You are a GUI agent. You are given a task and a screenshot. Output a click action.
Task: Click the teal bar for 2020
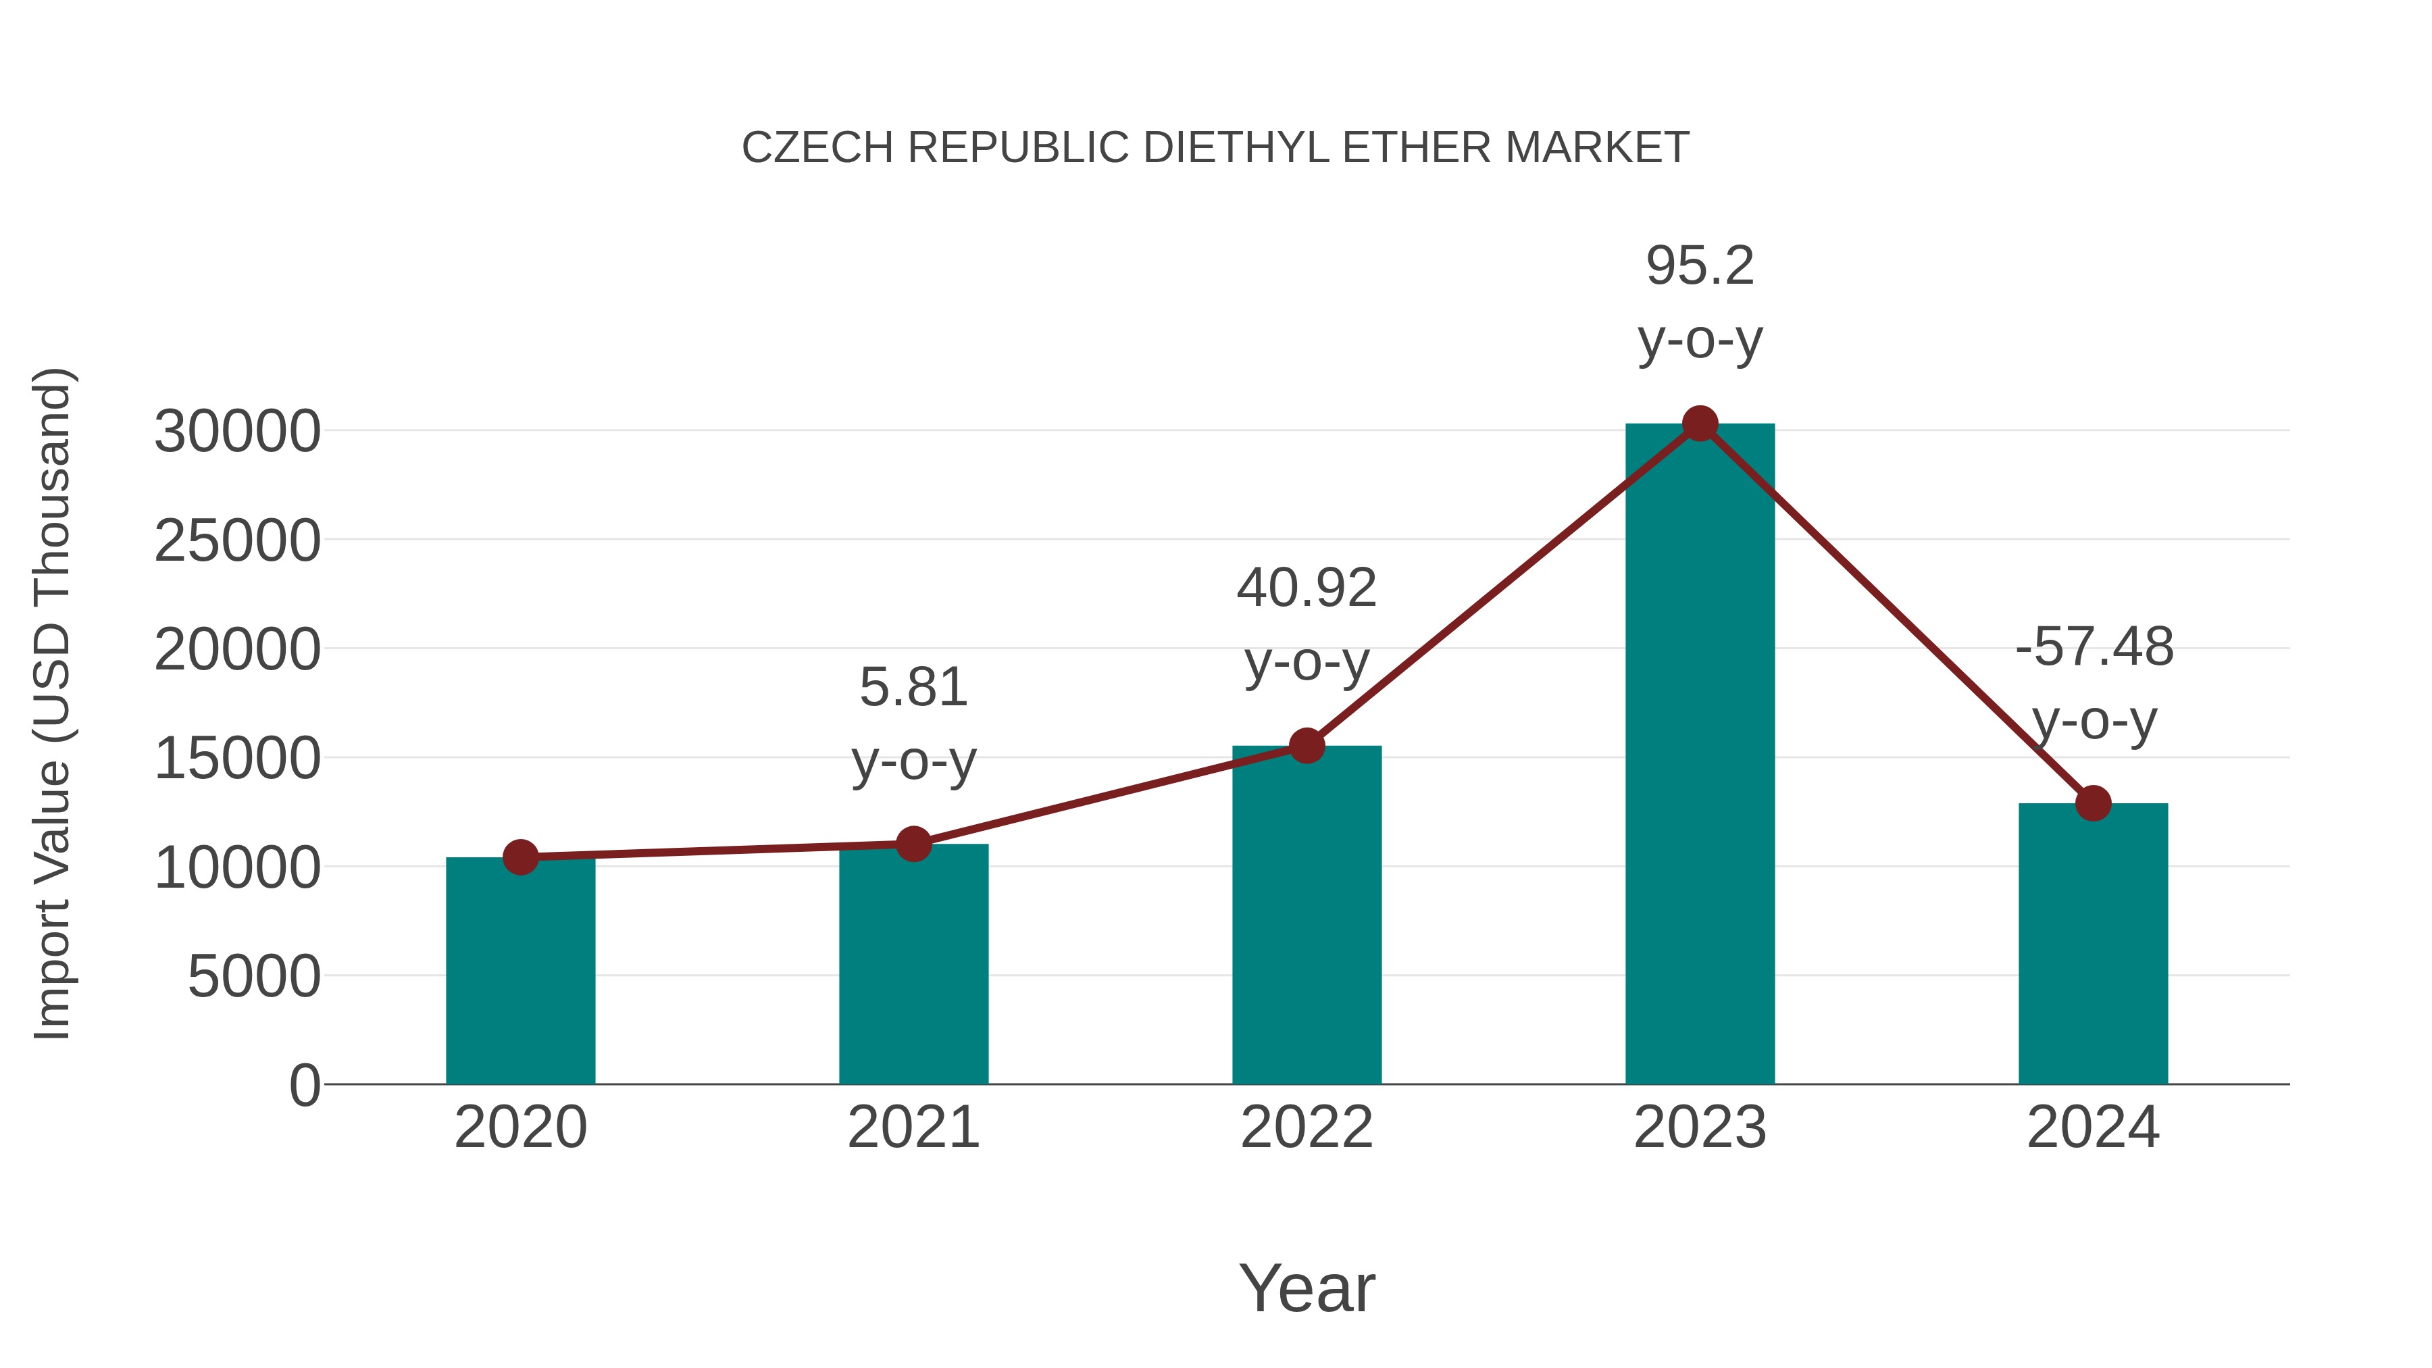coord(520,972)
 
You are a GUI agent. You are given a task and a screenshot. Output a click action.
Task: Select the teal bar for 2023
coord(1700,755)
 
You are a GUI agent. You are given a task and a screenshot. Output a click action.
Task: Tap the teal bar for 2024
coord(2093,944)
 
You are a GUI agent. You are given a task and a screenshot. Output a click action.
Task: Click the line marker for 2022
coord(1307,746)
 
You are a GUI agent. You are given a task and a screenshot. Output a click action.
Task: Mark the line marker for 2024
coord(2093,803)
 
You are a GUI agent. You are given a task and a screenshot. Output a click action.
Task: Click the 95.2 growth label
coord(1700,266)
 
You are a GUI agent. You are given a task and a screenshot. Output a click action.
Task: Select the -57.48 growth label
coord(2094,648)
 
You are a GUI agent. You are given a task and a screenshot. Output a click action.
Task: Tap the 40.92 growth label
coord(1307,588)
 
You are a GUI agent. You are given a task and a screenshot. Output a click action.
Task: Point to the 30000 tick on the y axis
coord(237,432)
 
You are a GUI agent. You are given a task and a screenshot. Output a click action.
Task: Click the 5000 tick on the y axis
coord(254,977)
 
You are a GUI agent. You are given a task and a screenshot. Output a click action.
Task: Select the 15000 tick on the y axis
coord(237,759)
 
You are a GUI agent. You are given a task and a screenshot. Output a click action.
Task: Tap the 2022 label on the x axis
coord(1307,1128)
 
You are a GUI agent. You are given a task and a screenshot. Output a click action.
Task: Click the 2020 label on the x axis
coord(520,1128)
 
